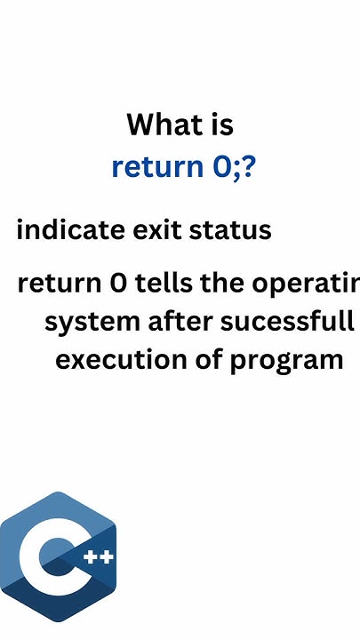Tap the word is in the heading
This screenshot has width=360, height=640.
point(220,124)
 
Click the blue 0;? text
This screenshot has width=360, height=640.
point(235,166)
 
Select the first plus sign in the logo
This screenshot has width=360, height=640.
point(91,558)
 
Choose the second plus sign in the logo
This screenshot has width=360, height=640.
point(107,558)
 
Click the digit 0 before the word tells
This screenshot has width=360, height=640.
point(117,284)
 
